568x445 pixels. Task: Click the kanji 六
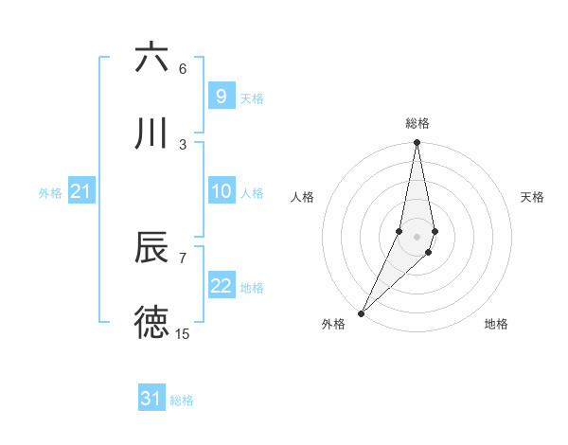[151, 58]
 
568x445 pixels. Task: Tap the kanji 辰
[151, 248]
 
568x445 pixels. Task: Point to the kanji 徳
[151, 323]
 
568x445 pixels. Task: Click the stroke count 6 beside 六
[183, 68]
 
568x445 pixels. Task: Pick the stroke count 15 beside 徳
[183, 333]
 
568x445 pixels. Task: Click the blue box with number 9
[221, 97]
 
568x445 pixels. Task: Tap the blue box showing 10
[221, 191]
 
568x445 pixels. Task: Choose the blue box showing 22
[221, 286]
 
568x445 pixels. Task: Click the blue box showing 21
[80, 192]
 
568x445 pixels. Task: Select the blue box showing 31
[151, 399]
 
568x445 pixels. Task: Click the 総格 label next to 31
[182, 400]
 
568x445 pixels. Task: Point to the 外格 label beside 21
[50, 193]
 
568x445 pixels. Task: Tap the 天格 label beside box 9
[252, 98]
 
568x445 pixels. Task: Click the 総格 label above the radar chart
[417, 123]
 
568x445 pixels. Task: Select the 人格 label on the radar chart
[303, 197]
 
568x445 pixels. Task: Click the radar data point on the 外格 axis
[361, 312]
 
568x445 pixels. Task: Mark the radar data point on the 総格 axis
[417, 143]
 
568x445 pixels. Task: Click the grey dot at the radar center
[417, 236]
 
